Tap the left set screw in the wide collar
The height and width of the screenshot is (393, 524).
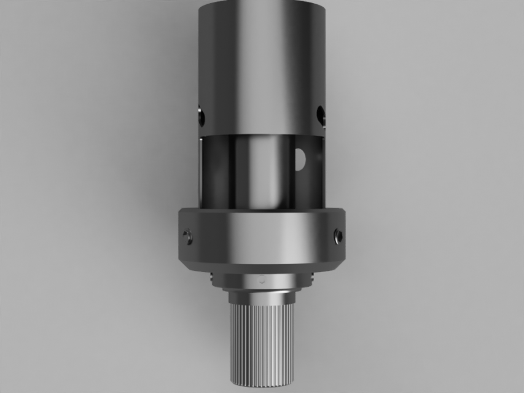[x=188, y=236]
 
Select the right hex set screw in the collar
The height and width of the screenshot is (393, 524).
[x=337, y=235]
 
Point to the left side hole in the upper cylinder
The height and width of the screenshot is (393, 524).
[x=201, y=115]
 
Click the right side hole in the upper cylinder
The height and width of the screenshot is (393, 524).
[x=320, y=114]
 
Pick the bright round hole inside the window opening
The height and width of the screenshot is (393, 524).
[x=300, y=158]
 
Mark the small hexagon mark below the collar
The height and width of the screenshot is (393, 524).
[x=262, y=278]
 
